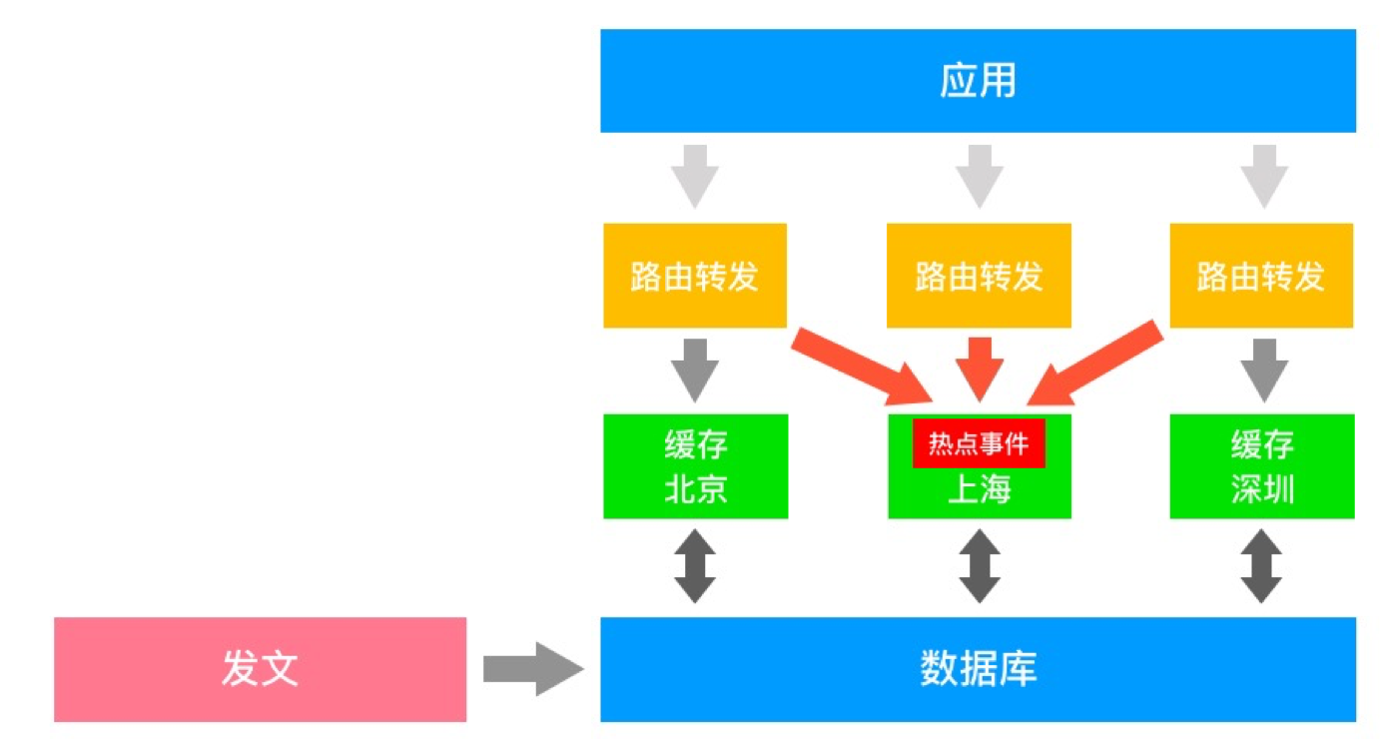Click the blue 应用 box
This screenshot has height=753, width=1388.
[978, 81]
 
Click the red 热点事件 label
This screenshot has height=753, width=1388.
[979, 443]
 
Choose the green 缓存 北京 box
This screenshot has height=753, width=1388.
[695, 466]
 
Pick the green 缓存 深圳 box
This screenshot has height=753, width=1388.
[1262, 466]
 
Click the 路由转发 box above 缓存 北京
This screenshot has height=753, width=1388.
[695, 276]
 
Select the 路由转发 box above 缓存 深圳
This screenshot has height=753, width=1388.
[1261, 276]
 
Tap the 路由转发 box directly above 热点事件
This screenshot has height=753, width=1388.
[979, 276]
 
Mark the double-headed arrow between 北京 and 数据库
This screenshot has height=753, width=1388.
[695, 566]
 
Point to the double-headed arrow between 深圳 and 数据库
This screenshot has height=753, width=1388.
[1262, 566]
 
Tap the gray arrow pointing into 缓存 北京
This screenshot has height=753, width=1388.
[695, 369]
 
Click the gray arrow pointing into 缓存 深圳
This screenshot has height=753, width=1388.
[1263, 369]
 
